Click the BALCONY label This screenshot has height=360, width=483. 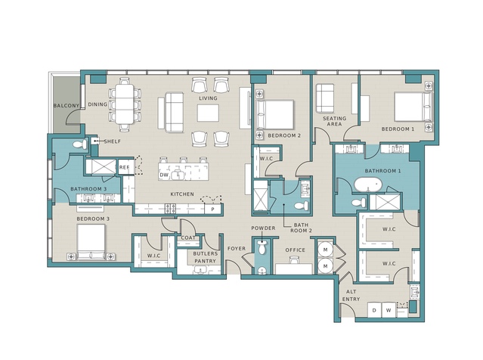click(x=67, y=105)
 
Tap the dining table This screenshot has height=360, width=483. click(x=125, y=104)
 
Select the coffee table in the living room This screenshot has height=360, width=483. click(x=208, y=113)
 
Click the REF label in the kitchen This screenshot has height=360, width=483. click(x=124, y=167)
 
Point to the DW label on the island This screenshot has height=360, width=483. click(x=163, y=175)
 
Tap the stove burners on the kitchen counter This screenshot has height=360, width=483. click(x=170, y=208)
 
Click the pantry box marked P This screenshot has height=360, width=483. click(x=213, y=209)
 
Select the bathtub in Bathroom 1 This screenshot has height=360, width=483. click(x=368, y=185)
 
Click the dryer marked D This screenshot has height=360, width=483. click(x=374, y=310)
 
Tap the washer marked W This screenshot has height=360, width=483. click(x=389, y=310)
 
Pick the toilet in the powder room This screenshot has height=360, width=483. click(x=262, y=248)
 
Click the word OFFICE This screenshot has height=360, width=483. click(x=295, y=250)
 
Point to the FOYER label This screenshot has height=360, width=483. click(x=237, y=248)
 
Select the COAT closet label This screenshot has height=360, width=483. click(x=188, y=238)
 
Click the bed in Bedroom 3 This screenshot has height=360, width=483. click(x=91, y=242)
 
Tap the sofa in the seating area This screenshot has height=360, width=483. click(x=325, y=98)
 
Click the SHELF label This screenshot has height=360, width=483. click(x=113, y=141)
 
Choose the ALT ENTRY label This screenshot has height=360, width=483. click(x=351, y=295)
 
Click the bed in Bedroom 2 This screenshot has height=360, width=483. click(x=275, y=114)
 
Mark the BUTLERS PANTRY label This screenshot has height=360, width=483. click(x=206, y=257)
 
